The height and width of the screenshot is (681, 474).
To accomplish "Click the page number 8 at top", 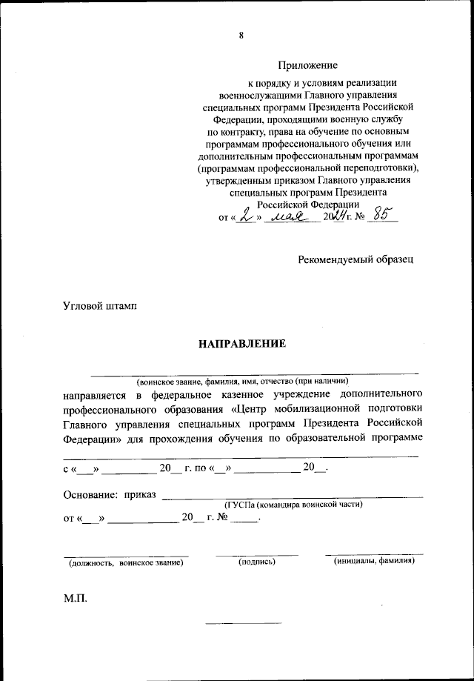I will (x=241, y=35).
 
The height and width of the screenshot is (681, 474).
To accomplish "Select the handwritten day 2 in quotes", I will (x=244, y=217).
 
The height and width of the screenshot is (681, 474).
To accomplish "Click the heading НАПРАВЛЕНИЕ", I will (x=241, y=344).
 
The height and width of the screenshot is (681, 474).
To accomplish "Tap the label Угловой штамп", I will (x=99, y=305).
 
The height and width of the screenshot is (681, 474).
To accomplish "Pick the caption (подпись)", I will (x=257, y=563).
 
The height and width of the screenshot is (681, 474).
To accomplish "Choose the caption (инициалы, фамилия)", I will (x=374, y=562).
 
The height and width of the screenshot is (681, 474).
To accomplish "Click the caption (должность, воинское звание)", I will (x=126, y=563).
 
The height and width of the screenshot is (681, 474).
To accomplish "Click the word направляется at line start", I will (x=93, y=393).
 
